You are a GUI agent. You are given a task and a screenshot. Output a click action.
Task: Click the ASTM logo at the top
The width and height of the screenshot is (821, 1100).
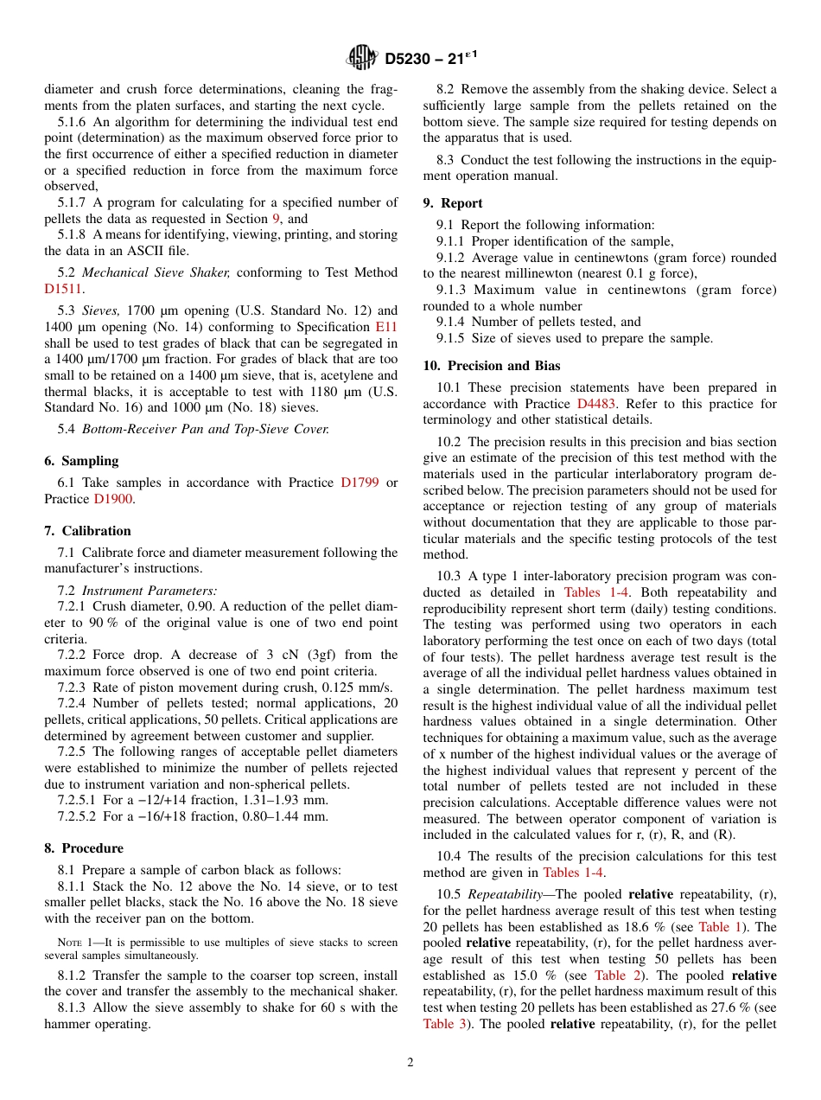[x=361, y=58]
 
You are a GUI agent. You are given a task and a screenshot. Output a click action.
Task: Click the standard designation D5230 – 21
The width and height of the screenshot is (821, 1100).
[x=423, y=59]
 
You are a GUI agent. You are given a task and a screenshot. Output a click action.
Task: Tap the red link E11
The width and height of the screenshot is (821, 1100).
[x=386, y=327]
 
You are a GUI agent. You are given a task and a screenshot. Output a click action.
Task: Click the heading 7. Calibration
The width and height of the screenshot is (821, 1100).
[x=87, y=531]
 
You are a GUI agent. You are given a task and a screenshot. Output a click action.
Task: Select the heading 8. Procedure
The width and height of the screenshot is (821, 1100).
[x=84, y=848]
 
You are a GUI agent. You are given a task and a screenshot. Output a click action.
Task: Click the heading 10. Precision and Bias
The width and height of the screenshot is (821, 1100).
[x=491, y=366]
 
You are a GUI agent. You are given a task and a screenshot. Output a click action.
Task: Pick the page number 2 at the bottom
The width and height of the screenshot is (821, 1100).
[x=410, y=1063]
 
